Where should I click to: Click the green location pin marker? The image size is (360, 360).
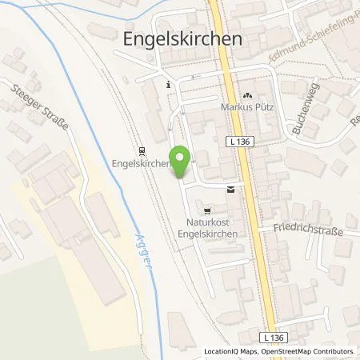[181, 162]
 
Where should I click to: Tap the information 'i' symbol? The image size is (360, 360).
[168, 84]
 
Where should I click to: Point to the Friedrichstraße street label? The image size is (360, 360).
[307, 232]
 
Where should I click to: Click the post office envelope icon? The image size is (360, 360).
[231, 190]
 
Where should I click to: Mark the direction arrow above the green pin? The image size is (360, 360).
[182, 122]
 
